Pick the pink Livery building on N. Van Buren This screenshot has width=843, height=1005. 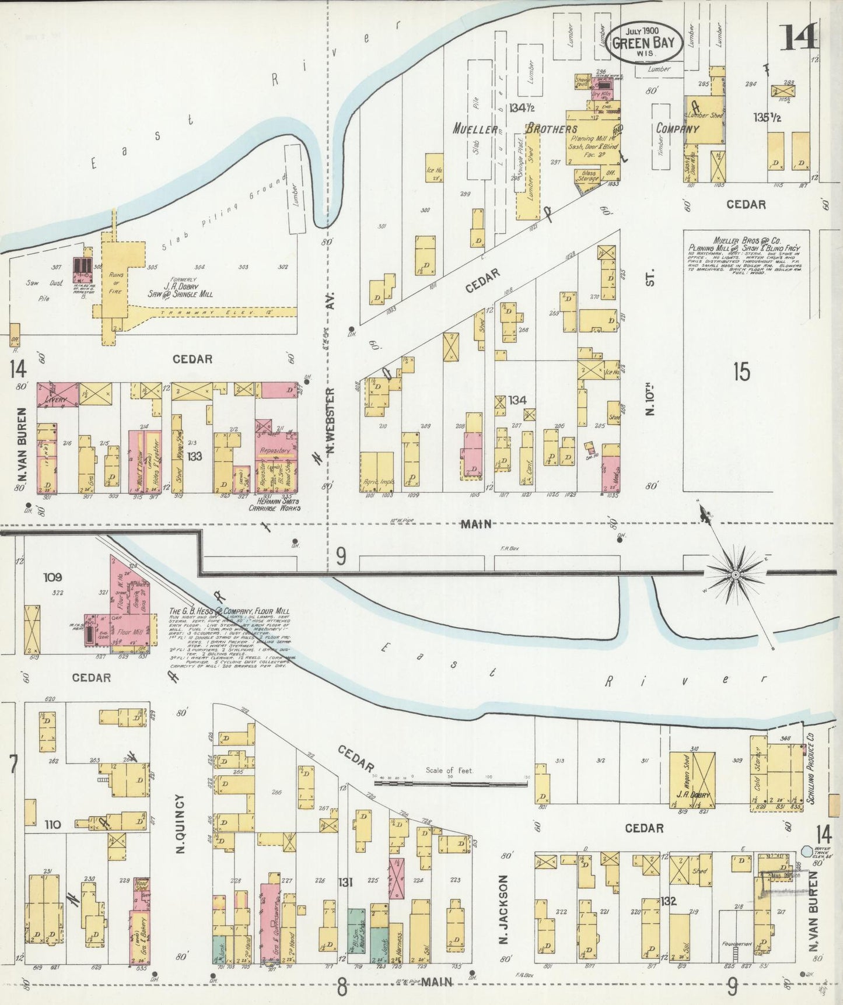coord(57,395)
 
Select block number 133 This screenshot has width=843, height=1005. coord(194,456)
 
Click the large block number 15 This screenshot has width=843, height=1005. coord(741,372)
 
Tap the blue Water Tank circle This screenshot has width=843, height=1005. coord(807,852)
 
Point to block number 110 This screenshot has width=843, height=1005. coord(52,825)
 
